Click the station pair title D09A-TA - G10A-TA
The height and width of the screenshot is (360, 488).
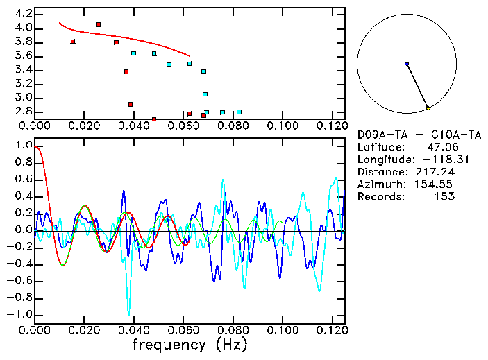point(406,134)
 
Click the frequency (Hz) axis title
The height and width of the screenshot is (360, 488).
point(189,344)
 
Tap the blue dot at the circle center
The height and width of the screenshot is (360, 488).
point(407,64)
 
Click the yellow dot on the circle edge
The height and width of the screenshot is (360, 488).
point(428,108)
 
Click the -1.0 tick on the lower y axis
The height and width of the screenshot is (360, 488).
point(20,314)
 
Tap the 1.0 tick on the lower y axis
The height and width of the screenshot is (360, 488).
point(23,146)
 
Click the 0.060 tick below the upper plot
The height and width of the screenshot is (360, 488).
point(183,126)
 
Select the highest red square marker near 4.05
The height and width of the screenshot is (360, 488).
point(98,24)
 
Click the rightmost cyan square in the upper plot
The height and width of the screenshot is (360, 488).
point(239,112)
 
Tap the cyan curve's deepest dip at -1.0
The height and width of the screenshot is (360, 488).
point(128,314)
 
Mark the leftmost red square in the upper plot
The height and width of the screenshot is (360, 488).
point(73,42)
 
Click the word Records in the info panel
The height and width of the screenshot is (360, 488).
point(379,197)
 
